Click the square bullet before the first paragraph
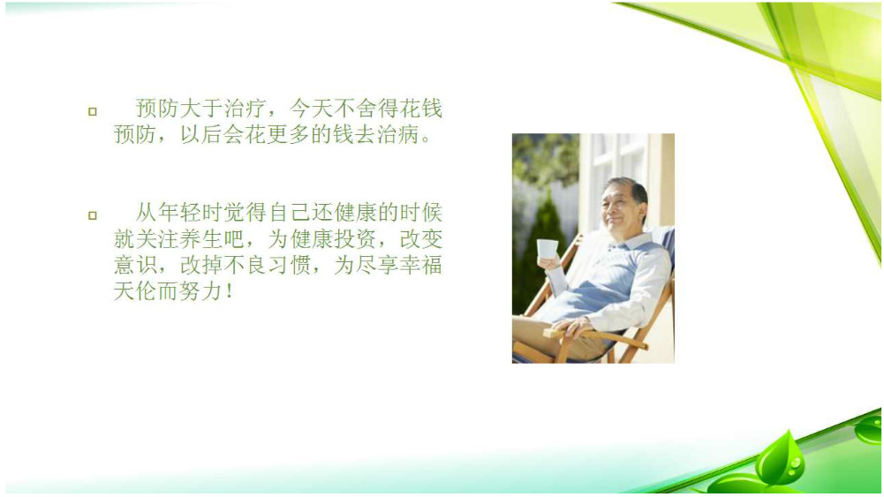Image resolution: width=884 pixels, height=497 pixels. tap(93, 111)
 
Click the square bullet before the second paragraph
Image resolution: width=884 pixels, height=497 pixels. tap(93, 215)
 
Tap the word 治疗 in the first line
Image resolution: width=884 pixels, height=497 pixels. tap(246, 109)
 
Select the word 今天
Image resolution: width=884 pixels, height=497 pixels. tap(311, 109)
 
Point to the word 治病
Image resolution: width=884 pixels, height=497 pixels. tap(398, 134)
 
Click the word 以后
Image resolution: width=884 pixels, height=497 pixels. tap(202, 134)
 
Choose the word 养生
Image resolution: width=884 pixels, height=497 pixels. tap(202, 239)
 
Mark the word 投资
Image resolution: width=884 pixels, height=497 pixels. tap(356, 239)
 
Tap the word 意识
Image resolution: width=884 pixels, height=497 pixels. tap(135, 265)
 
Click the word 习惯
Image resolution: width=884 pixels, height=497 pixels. tap(290, 265)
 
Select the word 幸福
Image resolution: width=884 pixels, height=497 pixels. tap(421, 265)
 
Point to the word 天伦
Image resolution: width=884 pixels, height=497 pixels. tap(135, 290)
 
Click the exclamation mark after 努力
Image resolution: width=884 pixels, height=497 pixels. tap(229, 291)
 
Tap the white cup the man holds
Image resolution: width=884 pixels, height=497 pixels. tap(547, 250)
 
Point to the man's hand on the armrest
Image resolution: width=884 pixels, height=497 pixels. tap(571, 327)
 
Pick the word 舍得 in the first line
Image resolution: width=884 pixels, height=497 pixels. tap(376, 109)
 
